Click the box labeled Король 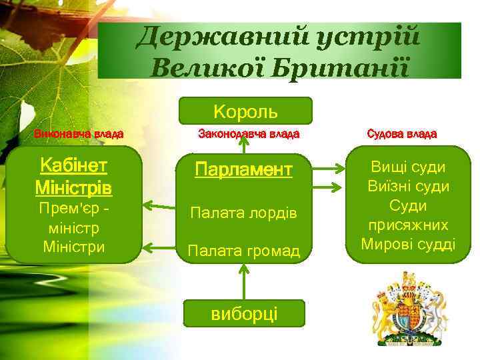[245, 111]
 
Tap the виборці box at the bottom [245, 313]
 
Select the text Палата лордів [243, 213]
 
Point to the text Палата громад [243, 251]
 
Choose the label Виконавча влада [79, 134]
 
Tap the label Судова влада [402, 134]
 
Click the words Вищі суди [409, 167]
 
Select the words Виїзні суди [409, 186]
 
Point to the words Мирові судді [409, 244]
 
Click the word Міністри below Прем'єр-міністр [73, 246]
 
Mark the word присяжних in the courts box [409, 225]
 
